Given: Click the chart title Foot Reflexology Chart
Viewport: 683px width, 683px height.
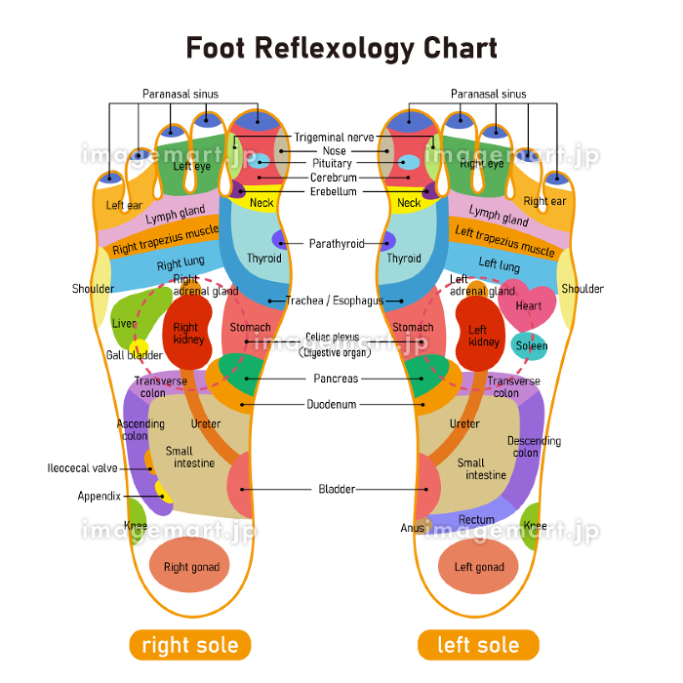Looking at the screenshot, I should point(341,48).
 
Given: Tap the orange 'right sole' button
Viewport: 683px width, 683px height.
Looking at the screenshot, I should point(190,645).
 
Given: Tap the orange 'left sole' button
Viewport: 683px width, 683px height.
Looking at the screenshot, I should point(478,645).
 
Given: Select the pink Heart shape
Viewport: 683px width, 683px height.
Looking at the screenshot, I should point(528,305).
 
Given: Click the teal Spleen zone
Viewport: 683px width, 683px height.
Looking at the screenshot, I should point(531,345).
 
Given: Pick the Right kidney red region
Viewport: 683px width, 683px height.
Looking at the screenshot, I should point(186,334).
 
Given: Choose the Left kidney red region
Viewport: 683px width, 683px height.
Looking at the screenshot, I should point(478,336).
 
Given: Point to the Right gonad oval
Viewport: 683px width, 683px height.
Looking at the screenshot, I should point(191,567).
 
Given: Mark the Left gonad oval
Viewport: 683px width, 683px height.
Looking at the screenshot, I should point(478,567).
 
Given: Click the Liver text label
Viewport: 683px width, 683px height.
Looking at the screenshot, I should point(124,323).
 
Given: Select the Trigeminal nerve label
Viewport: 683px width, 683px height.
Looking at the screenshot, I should point(334,138).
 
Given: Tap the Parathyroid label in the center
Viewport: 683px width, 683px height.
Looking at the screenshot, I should point(337,243).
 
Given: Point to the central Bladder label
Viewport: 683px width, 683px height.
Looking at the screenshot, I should point(337,489).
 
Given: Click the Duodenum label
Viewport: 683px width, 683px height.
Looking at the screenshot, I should point(332,404).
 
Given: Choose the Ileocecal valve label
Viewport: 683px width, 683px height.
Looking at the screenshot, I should point(82,468).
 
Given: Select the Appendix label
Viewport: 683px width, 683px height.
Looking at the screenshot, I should point(100,496).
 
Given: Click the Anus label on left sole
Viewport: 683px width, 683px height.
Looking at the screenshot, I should point(412,528).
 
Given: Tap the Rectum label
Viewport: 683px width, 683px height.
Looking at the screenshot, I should point(476,520).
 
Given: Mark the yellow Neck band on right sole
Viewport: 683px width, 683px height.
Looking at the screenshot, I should point(261,203).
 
